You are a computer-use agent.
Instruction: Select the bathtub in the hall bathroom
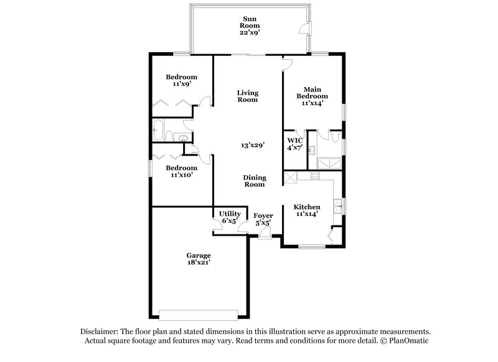[x=161, y=132]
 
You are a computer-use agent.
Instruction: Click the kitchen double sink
[x=337, y=206]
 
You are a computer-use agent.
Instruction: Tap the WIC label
[x=294, y=141]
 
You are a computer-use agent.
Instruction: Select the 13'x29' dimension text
[x=253, y=146]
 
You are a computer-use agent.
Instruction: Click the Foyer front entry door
[x=265, y=233]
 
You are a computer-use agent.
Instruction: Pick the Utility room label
[x=230, y=214]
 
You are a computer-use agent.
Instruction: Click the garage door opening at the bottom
[x=199, y=313]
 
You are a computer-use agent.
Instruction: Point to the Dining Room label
[x=253, y=180]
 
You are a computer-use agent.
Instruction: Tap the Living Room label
[x=247, y=96]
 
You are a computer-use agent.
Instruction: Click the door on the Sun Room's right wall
[x=306, y=29]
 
